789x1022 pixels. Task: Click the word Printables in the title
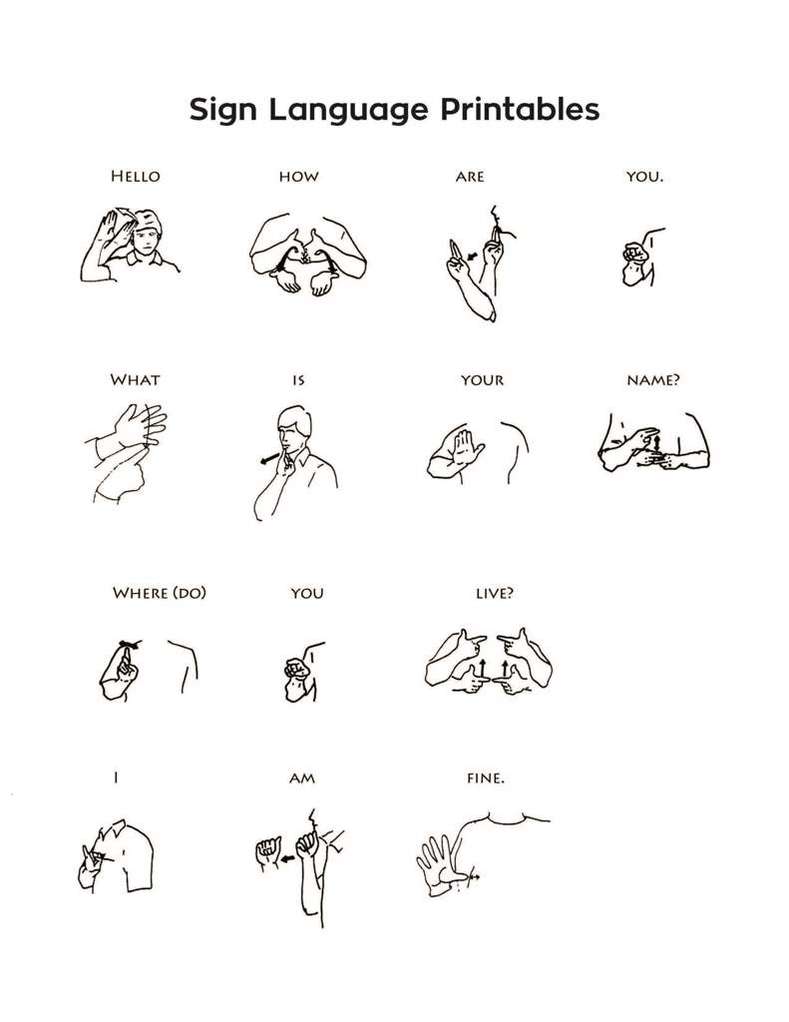[507, 110]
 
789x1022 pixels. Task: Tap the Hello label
[135, 177]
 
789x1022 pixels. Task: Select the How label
[298, 177]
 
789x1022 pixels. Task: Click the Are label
[469, 177]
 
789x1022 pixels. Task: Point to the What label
[135, 380]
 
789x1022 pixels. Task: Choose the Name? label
[653, 380]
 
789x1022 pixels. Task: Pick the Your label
[482, 380]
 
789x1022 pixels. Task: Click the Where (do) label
[160, 593]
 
